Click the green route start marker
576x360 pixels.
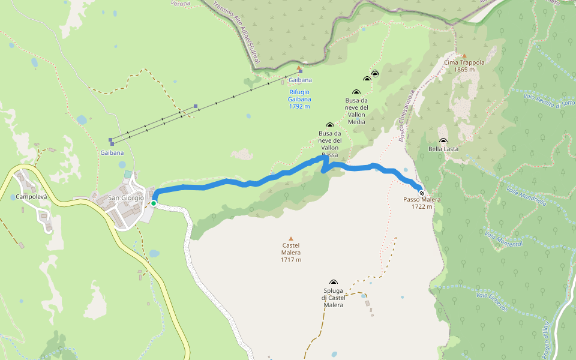click(154, 203)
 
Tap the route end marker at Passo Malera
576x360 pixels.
click(422, 193)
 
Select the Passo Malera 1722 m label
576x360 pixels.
click(422, 203)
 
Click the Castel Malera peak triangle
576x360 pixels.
click(291, 238)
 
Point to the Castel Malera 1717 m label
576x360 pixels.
click(290, 253)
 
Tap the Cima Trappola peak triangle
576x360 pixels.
click(464, 55)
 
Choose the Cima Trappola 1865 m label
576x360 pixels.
click(464, 66)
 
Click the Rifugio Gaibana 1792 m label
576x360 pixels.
click(299, 99)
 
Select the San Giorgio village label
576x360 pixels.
click(125, 197)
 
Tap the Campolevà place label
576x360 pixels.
click(31, 197)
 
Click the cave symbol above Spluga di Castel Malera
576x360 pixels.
click(334, 282)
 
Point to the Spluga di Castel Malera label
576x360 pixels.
click(333, 298)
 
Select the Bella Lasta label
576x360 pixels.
click(443, 149)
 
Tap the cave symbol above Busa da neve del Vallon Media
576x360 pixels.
click(356, 92)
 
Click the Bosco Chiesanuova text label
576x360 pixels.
click(407, 116)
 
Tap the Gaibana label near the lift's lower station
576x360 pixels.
click(112, 153)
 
